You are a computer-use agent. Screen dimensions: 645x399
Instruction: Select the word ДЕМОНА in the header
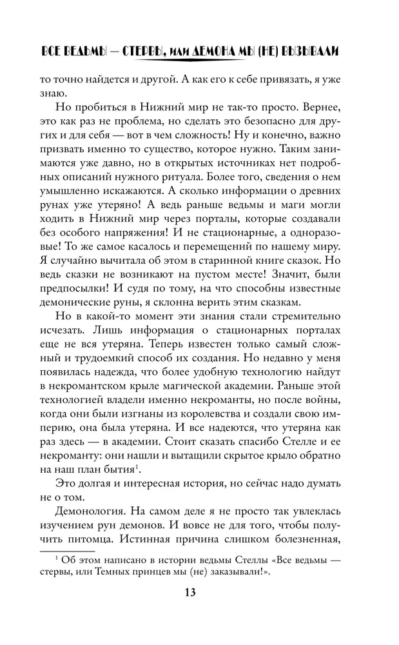pos(210,52)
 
